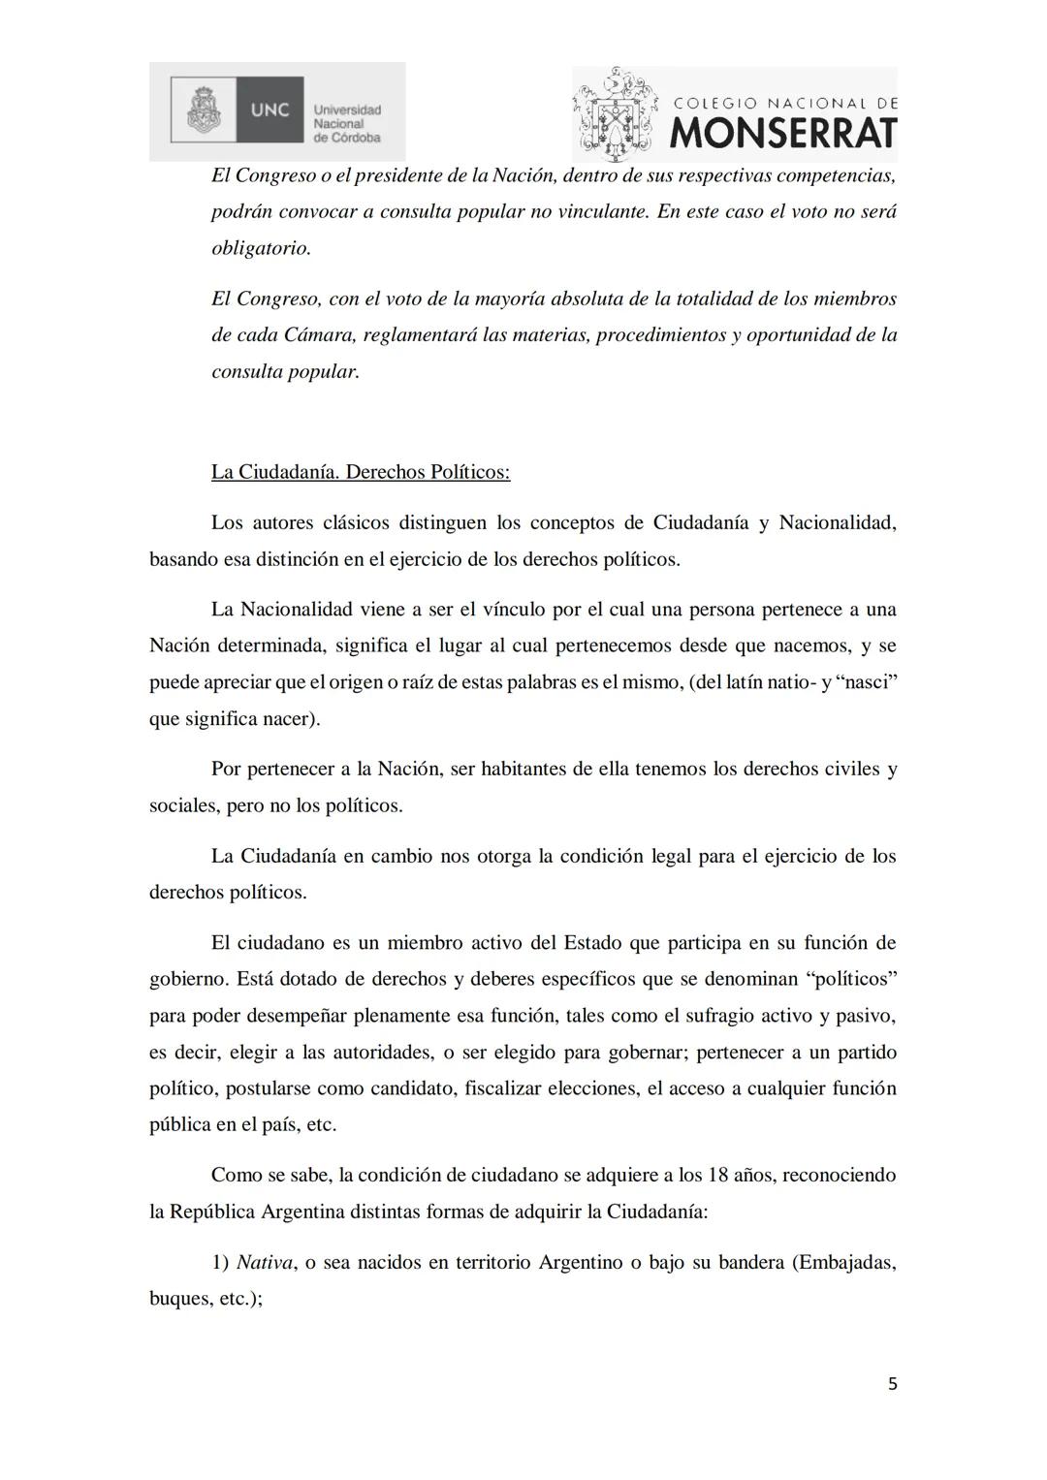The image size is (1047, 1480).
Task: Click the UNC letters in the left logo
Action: tap(270, 110)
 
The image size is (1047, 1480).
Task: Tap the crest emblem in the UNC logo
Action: tap(204, 110)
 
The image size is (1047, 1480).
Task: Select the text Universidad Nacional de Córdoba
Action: tap(347, 124)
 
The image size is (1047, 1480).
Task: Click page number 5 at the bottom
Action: tap(892, 1384)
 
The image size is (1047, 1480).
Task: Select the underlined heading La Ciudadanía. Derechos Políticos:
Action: tap(361, 472)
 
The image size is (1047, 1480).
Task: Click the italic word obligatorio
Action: tap(261, 248)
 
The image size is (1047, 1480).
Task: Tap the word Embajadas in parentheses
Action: tap(842, 1263)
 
